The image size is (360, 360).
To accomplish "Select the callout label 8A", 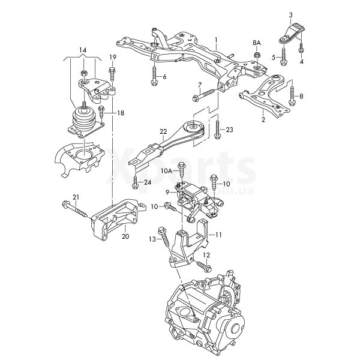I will pyautogui.click(x=257, y=43).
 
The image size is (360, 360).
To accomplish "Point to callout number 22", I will pyautogui.click(x=163, y=131).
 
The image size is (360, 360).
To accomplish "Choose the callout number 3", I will pyautogui.click(x=290, y=14).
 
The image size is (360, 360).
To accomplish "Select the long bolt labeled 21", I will pyautogui.click(x=74, y=209).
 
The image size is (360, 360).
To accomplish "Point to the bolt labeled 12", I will pyautogui.click(x=202, y=264).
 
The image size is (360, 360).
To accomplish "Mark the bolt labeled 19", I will pyautogui.click(x=112, y=75).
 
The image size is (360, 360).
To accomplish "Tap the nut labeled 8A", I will pyautogui.click(x=257, y=56).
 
